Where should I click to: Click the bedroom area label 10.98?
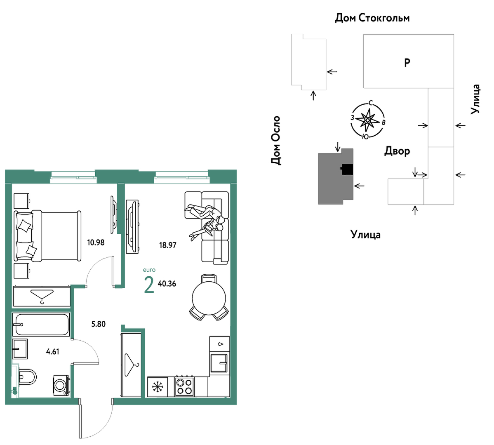(x=96, y=243)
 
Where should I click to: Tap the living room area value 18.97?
(x=167, y=245)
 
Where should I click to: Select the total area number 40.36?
(x=167, y=284)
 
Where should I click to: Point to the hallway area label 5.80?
(x=98, y=324)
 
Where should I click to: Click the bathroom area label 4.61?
(x=53, y=352)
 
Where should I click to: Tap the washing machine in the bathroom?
(x=61, y=385)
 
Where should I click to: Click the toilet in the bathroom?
(x=27, y=377)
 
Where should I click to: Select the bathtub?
(x=41, y=324)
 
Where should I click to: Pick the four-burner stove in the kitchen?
(x=184, y=386)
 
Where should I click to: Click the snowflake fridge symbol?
(x=158, y=387)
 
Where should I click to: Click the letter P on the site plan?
(x=407, y=63)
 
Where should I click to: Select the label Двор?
(x=397, y=151)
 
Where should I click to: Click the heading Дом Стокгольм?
(x=372, y=18)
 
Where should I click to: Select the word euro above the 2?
(x=149, y=270)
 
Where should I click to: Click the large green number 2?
(x=149, y=285)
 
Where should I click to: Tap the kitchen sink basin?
(x=219, y=363)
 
